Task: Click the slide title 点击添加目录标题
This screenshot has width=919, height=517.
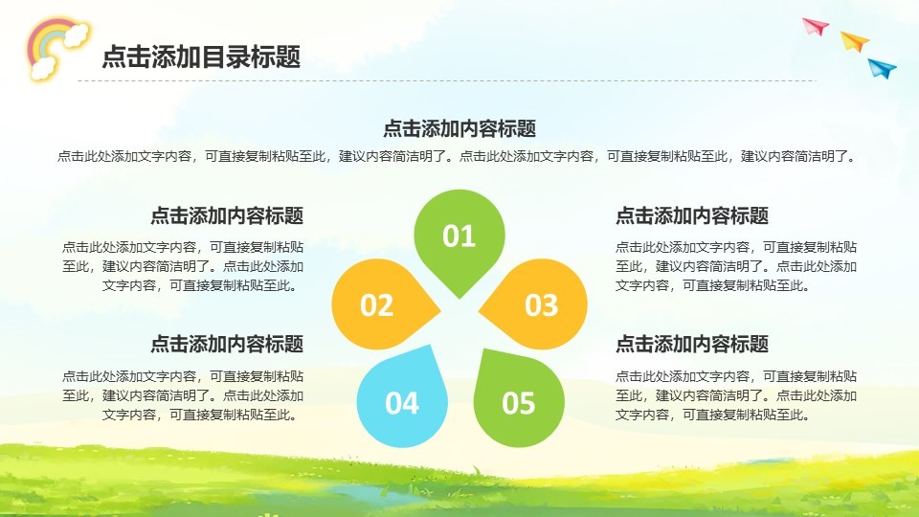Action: pos(202,56)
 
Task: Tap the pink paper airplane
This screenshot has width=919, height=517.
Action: pos(816,27)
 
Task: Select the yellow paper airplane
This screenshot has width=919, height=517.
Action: pos(855,41)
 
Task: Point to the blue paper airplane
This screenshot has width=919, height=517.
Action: pos(882,68)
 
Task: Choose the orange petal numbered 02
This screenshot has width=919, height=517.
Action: pos(381,304)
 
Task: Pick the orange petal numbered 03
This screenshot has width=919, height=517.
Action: pos(537,304)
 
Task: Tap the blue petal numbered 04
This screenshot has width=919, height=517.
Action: pos(403,398)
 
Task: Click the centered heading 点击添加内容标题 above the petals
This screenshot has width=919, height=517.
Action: pos(459,128)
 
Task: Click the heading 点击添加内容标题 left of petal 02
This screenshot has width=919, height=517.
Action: pos(228,215)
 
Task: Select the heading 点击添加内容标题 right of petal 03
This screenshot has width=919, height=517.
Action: pos(692,215)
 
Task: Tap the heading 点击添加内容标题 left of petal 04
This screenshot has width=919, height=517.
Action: pos(228,344)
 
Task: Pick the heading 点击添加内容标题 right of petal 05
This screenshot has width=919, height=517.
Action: pos(692,344)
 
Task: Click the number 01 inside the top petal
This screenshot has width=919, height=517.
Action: pos(459,236)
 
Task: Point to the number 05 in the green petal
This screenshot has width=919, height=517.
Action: pos(519,403)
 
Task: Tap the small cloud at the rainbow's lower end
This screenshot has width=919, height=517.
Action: pos(43,69)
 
